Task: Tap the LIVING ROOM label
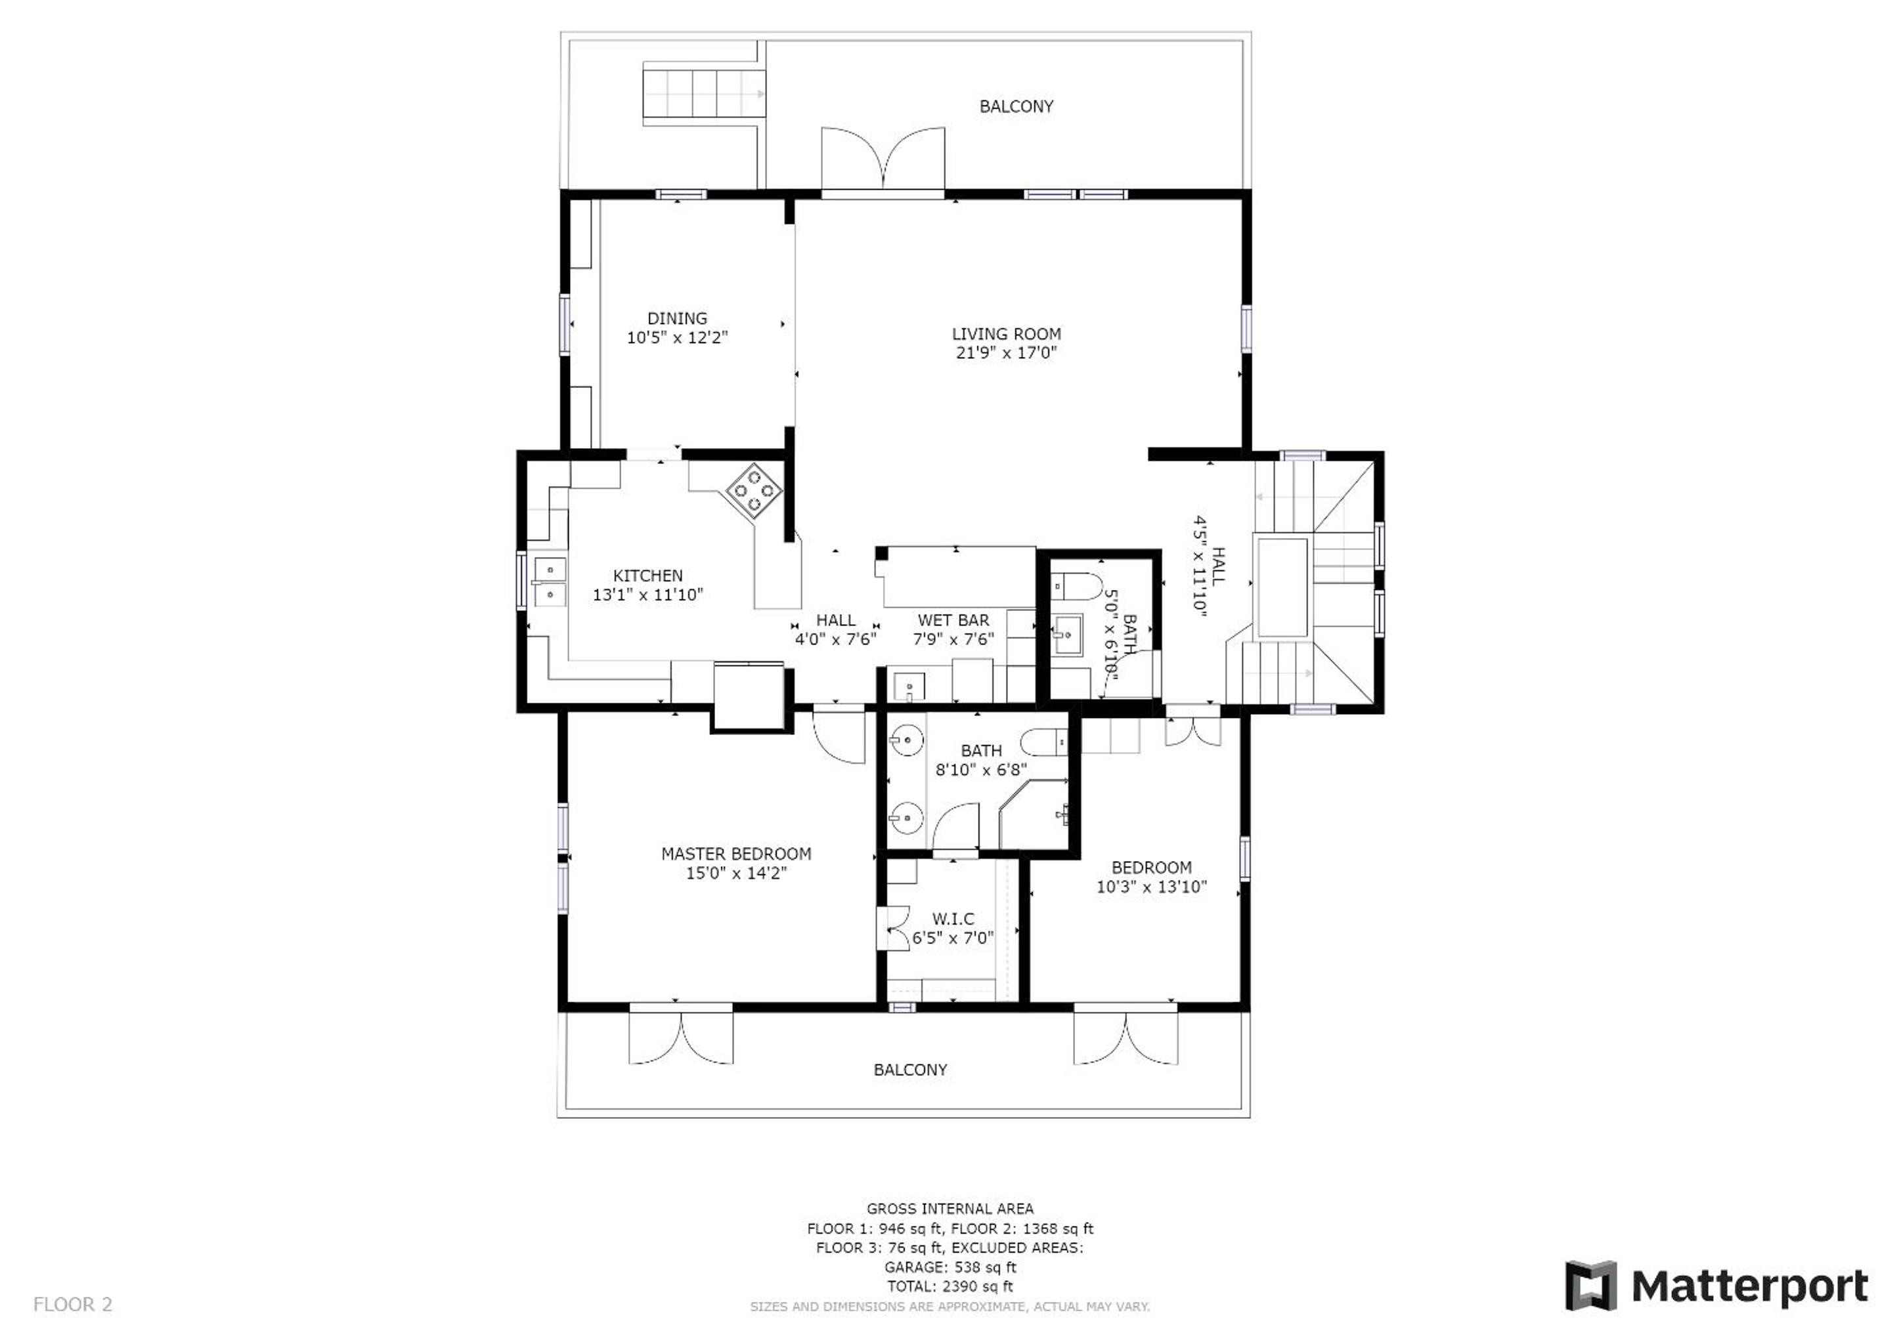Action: point(1006,333)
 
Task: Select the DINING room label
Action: point(677,318)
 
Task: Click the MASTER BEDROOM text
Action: point(736,853)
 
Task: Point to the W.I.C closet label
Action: point(953,919)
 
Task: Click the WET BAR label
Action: point(953,620)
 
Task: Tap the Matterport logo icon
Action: point(1590,1286)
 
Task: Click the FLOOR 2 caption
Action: point(72,1305)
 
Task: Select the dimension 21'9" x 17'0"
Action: point(1006,353)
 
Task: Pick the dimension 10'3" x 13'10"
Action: point(1152,887)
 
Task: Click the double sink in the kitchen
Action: point(550,582)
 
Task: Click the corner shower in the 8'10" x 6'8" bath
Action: point(1034,814)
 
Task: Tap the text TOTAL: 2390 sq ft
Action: point(950,1286)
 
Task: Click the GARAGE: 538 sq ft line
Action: point(950,1267)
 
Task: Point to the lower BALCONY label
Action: point(910,1070)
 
